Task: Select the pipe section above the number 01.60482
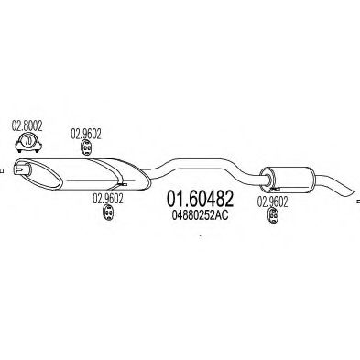pos(197,168)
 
